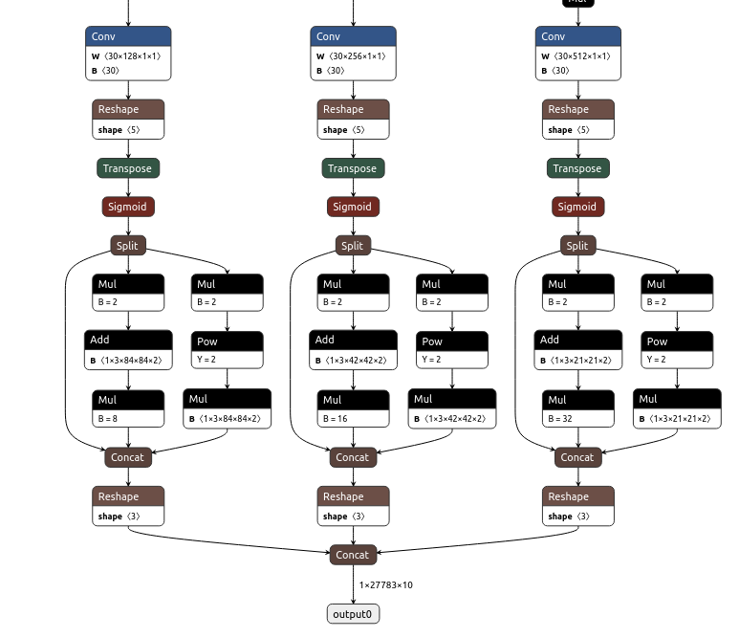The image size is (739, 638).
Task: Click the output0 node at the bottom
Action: coord(353,613)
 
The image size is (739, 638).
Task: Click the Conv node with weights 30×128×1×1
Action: coord(128,54)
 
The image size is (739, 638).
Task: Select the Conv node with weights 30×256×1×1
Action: coord(353,54)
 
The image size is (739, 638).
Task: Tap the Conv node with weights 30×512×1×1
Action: coord(578,54)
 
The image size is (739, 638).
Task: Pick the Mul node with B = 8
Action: coord(128,408)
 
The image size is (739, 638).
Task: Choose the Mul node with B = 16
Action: coord(353,408)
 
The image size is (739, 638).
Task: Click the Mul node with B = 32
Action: coord(578,408)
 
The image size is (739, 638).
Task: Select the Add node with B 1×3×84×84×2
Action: coord(128,350)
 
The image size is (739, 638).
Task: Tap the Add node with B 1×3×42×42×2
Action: coord(353,350)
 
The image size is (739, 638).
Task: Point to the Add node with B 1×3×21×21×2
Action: coord(578,350)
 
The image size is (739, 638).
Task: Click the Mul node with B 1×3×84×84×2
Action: coord(227,408)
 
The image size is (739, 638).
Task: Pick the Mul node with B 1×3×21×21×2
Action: coord(677,408)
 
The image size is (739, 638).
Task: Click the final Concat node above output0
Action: coord(352,555)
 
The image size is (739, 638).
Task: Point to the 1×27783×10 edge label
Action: coord(386,584)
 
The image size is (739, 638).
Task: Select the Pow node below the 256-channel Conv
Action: coord(451,350)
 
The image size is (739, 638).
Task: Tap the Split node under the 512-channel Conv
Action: coord(577,246)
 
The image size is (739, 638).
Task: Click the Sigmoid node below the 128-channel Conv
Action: coord(128,207)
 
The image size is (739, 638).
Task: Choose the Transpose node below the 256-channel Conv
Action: coord(353,168)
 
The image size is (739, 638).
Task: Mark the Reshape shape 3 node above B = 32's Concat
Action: coord(578,506)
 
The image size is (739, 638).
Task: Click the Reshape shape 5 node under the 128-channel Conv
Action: coord(128,120)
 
